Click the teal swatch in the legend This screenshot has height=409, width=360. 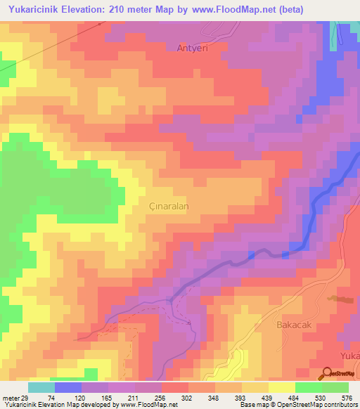(41, 387)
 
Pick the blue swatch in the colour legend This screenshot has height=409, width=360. (67, 387)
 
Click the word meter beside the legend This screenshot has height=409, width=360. (9, 398)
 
